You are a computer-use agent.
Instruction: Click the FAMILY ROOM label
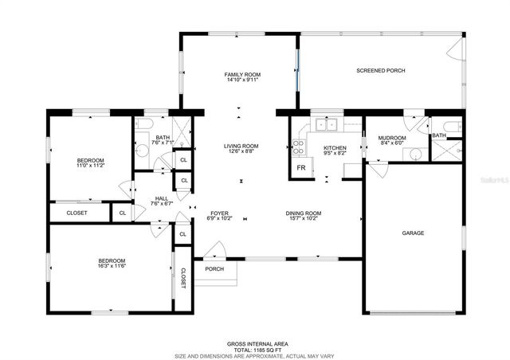[x=242, y=74]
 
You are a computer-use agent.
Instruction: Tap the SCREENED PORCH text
[x=380, y=71]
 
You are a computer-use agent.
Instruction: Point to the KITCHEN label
[x=335, y=148]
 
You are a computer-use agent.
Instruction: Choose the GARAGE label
[x=412, y=233]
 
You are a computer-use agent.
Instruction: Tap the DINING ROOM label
[x=304, y=213]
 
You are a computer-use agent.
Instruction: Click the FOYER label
[x=220, y=213]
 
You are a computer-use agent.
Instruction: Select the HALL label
[x=162, y=198]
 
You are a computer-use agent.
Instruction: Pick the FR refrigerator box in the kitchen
[x=301, y=168]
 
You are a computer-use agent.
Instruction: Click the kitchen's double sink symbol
[x=326, y=124]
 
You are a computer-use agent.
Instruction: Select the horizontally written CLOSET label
[x=76, y=213]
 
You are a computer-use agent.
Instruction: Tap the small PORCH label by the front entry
[x=214, y=268]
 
